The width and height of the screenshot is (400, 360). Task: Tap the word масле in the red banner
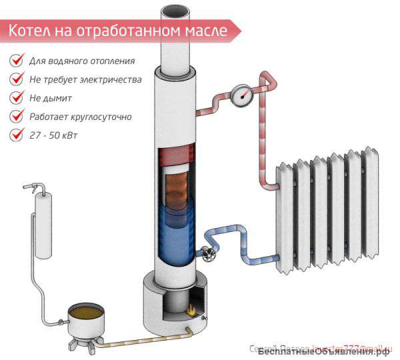click(203, 31)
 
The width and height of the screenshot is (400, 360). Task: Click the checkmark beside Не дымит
click(16, 98)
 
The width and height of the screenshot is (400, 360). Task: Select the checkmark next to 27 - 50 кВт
click(16, 135)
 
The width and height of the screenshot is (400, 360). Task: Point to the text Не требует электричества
click(85, 79)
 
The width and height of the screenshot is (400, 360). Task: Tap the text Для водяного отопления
click(82, 61)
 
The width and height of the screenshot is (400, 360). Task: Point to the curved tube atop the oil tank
click(33, 188)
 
